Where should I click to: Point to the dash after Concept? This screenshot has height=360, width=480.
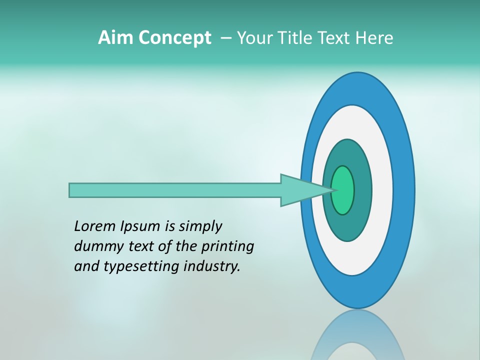tap(225, 38)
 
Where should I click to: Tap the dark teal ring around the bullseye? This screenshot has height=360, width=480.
tap(363, 190)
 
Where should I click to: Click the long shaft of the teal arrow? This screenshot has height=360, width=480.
tap(175, 190)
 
